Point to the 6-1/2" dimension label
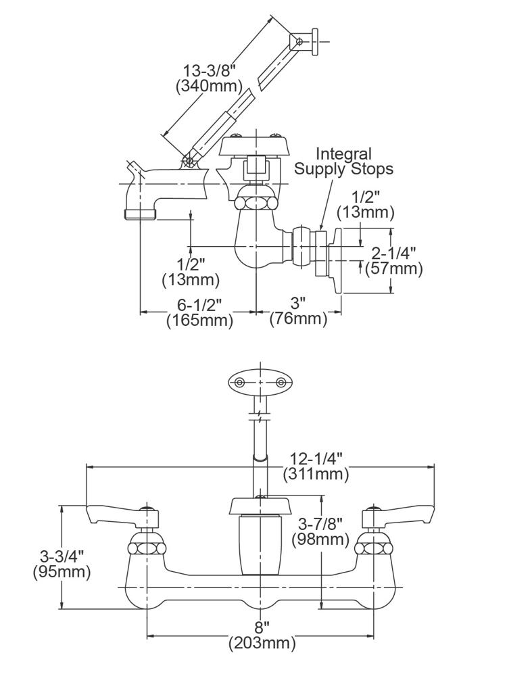199,305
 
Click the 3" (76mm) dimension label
298,311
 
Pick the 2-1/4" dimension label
394,253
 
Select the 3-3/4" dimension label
62,557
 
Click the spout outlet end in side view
141,214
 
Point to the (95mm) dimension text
62,572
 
